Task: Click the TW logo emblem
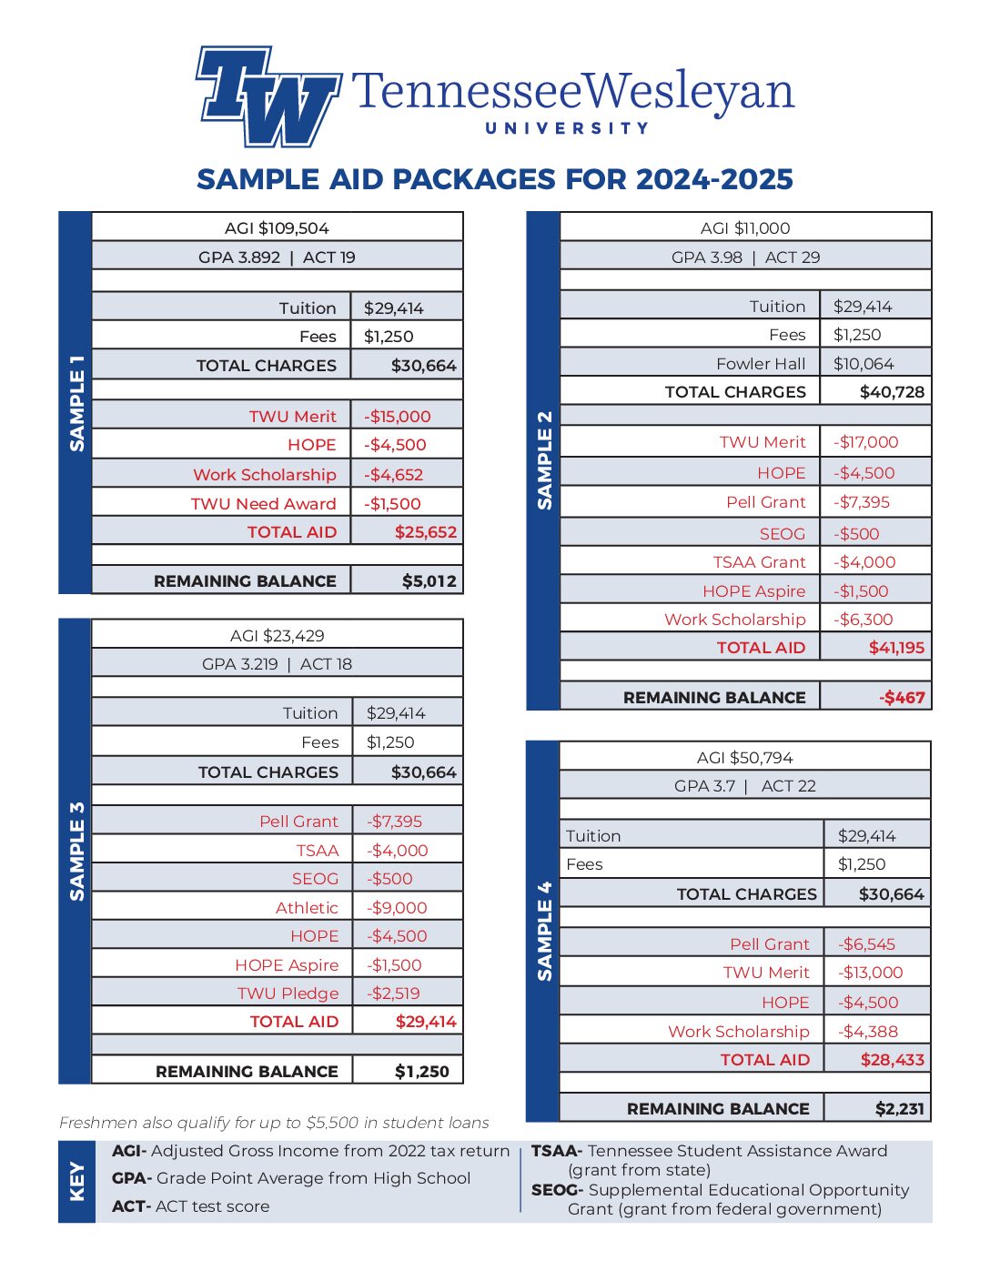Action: (x=268, y=96)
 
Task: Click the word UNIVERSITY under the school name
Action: (x=567, y=128)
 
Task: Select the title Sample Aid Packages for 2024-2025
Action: (x=495, y=179)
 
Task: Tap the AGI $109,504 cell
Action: (x=277, y=228)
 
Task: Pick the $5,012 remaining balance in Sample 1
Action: (x=429, y=580)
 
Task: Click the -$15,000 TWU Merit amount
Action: (x=398, y=417)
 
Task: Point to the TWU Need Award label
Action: (x=263, y=504)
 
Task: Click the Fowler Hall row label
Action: (x=761, y=364)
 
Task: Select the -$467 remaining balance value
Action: (x=902, y=698)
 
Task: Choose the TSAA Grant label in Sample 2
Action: (x=759, y=562)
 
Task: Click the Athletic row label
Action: (x=307, y=908)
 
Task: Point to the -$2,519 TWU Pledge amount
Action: (x=393, y=994)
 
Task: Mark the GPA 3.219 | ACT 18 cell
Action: (x=277, y=664)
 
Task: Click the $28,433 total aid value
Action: (x=892, y=1060)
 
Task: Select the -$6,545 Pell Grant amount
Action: (x=866, y=944)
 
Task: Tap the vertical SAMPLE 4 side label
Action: (x=544, y=931)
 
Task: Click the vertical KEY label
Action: (x=76, y=1181)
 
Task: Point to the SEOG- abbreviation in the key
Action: (x=557, y=1190)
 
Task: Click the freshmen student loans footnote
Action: (x=274, y=1123)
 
